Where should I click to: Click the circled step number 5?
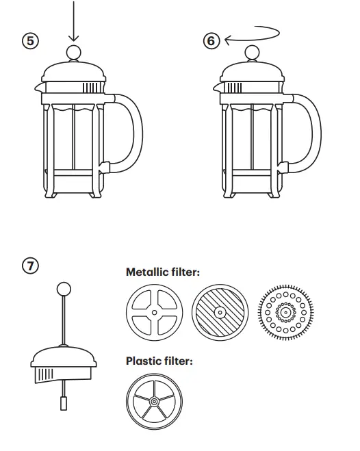[30, 41]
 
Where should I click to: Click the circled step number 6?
[211, 41]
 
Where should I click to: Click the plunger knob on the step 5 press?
[74, 53]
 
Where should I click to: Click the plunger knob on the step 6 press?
[253, 53]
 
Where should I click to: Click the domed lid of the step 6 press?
[253, 73]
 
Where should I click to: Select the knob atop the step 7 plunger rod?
[64, 289]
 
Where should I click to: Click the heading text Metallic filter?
[162, 272]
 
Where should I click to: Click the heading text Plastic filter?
[159, 360]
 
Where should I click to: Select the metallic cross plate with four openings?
[155, 312]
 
